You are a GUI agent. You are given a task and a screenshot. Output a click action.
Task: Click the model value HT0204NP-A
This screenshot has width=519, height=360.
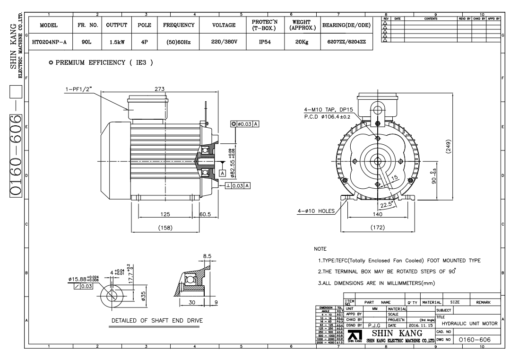click(50, 42)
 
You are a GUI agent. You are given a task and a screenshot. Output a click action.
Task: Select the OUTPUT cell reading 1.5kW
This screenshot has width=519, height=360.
click(117, 42)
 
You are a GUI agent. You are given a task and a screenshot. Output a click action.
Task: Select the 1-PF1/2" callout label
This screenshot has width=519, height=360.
click(80, 88)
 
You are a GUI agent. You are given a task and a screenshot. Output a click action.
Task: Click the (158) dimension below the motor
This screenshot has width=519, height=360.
click(165, 228)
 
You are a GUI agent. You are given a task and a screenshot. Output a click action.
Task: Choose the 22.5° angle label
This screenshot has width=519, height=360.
click(387, 205)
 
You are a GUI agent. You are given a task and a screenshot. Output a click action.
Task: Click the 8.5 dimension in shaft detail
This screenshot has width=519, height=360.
click(207, 256)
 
